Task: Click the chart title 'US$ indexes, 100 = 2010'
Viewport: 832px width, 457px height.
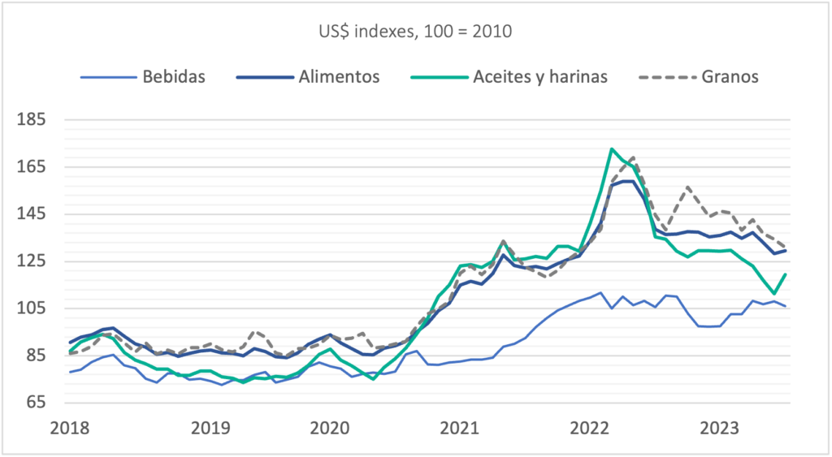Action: coord(415,33)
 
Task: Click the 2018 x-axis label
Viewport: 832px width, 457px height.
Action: coord(70,427)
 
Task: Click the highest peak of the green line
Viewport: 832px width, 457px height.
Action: coord(611,149)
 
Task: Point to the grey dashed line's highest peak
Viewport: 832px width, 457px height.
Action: coord(632,157)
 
